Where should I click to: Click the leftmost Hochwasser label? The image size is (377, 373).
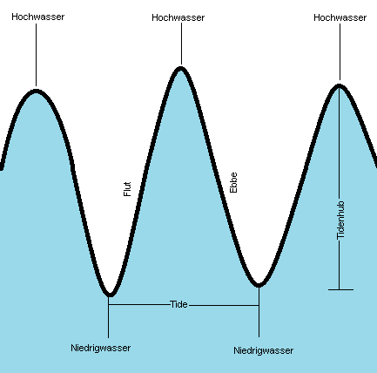[x=38, y=17]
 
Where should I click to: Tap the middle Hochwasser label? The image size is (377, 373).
[x=178, y=17]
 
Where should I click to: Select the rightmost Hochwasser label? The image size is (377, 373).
[x=340, y=17]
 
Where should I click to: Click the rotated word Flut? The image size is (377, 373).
[x=127, y=189]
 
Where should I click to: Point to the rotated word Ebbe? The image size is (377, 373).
[x=233, y=182]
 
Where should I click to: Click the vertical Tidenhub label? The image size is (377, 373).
[x=340, y=220]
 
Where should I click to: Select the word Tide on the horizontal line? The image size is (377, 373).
[x=178, y=304]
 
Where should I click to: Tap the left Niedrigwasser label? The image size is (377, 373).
[x=101, y=348]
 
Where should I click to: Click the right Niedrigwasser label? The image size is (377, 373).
[x=264, y=350]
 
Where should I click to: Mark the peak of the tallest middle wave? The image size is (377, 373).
[x=180, y=69]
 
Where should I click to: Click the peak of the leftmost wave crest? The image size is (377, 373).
[x=36, y=92]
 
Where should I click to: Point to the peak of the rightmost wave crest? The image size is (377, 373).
[x=339, y=85]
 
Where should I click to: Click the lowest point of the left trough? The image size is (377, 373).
[x=110, y=295]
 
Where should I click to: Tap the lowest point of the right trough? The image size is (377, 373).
[x=259, y=285]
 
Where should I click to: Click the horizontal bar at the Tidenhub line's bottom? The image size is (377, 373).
[x=340, y=289]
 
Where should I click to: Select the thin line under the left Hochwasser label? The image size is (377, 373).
[x=37, y=55]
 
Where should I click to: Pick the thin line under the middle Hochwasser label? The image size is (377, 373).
[x=182, y=44]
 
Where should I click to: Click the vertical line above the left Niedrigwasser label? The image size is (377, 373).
[x=109, y=317]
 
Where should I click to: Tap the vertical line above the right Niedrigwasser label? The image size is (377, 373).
[x=259, y=312]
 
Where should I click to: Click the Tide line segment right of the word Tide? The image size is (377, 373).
[x=224, y=305]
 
